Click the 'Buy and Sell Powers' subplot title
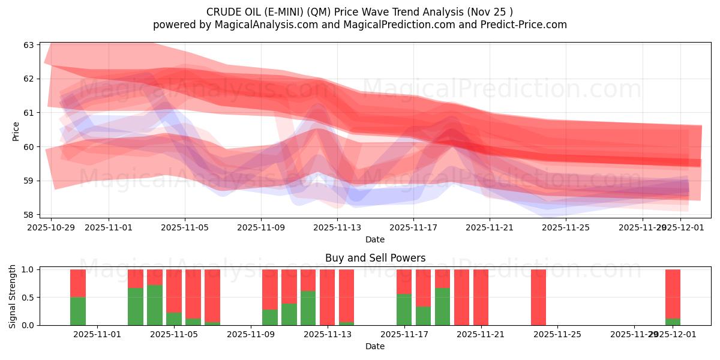click(x=375, y=258)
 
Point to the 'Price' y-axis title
click(x=16, y=131)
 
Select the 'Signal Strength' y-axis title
click(x=13, y=297)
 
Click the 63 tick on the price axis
click(x=29, y=45)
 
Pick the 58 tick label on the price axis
click(x=29, y=215)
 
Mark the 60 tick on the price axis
click(x=29, y=147)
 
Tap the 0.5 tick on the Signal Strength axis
click(x=27, y=298)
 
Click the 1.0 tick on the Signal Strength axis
click(x=27, y=269)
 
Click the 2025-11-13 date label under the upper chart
click(x=337, y=228)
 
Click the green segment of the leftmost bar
click(x=78, y=311)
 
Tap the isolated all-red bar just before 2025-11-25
click(x=538, y=297)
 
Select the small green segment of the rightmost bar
click(x=673, y=322)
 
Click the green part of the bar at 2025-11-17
click(x=404, y=310)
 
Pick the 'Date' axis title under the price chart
click(x=375, y=239)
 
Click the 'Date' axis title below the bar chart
click(x=375, y=346)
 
